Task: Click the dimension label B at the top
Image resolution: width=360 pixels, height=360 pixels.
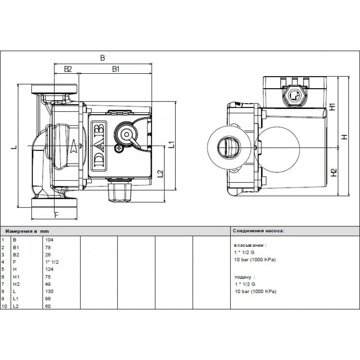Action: pyautogui.click(x=102, y=58)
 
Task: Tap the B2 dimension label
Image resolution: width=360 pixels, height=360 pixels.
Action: pyautogui.click(x=67, y=69)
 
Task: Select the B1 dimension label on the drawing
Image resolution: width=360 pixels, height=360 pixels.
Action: pyautogui.click(x=115, y=69)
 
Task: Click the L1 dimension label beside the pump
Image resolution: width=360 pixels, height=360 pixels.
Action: pyautogui.click(x=171, y=144)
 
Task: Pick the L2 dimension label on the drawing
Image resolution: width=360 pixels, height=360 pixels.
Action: pyautogui.click(x=160, y=174)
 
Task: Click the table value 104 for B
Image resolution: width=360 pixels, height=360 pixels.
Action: pyautogui.click(x=49, y=240)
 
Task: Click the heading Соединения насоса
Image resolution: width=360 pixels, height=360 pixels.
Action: pyautogui.click(x=258, y=230)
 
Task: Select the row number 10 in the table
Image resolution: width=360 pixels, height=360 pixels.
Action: pyautogui.click(x=5, y=306)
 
